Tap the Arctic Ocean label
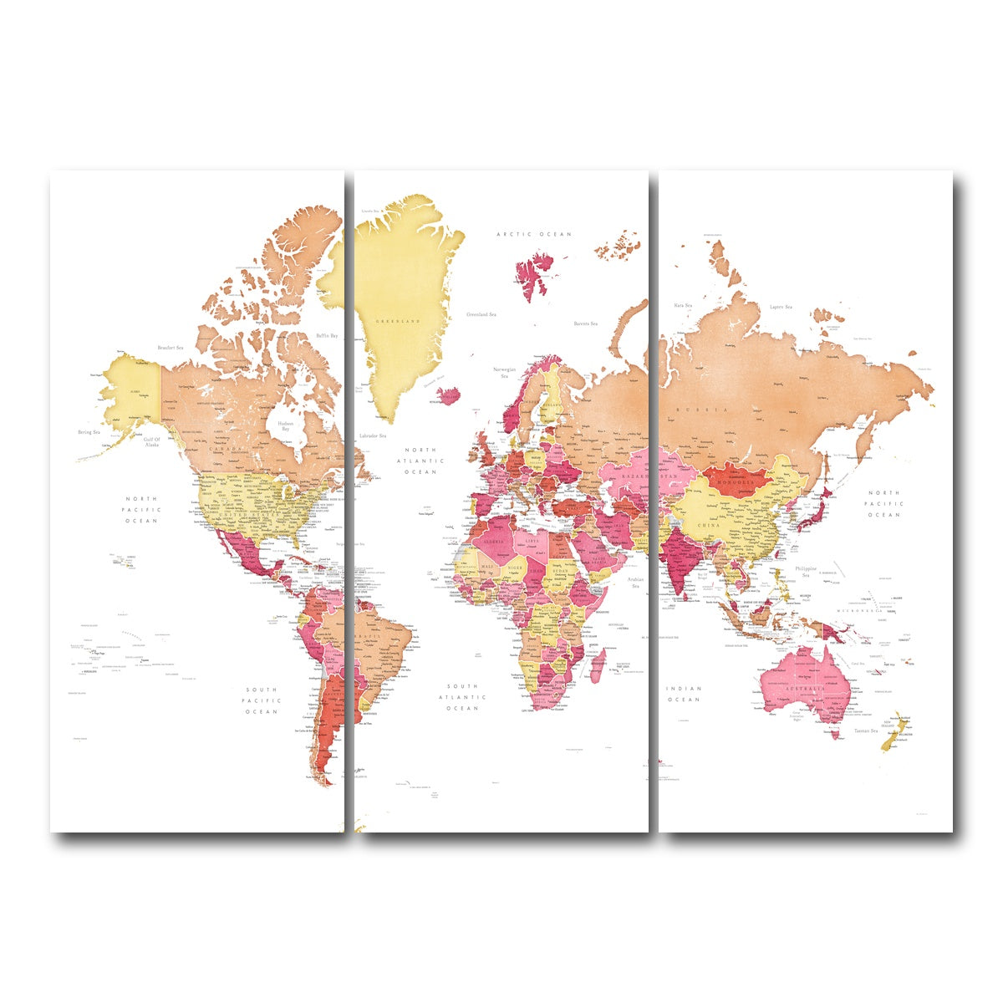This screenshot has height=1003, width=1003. (x=534, y=235)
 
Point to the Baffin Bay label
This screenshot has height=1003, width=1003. (x=327, y=336)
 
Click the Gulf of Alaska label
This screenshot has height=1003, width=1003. (x=150, y=442)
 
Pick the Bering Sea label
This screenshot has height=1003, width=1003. (x=89, y=432)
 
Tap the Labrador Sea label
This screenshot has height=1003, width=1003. (x=372, y=435)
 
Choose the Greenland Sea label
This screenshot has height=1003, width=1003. (x=481, y=314)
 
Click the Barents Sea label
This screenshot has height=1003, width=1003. (x=585, y=323)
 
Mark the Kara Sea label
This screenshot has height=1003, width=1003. (x=683, y=306)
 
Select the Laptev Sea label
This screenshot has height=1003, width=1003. (x=781, y=307)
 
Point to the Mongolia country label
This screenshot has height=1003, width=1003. (x=736, y=481)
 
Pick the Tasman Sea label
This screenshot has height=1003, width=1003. (x=865, y=731)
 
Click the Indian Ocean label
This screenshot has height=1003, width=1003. (x=683, y=694)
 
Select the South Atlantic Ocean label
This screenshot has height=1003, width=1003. (x=462, y=697)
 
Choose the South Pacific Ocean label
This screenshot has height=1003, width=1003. (x=261, y=700)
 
